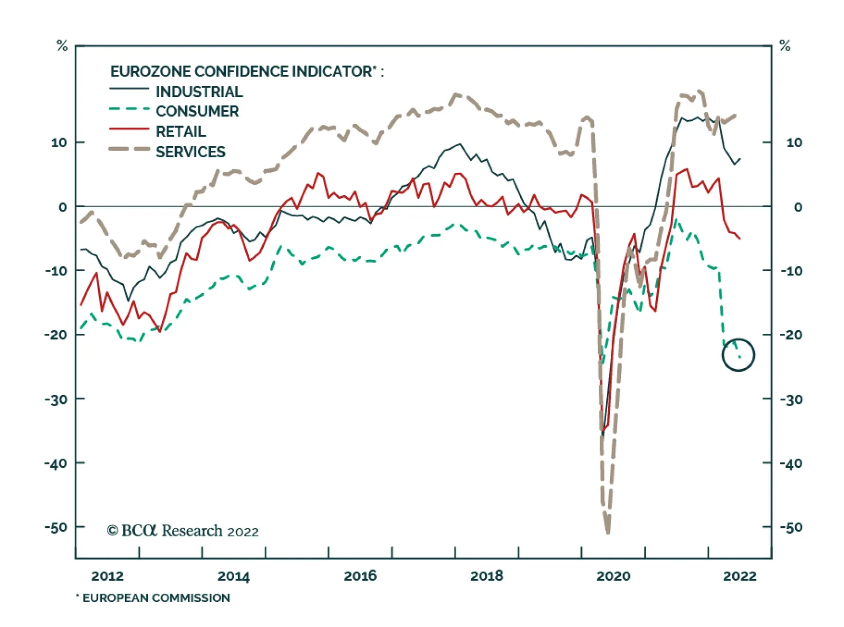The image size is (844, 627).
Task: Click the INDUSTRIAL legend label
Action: point(199,92)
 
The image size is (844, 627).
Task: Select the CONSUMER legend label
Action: point(197,111)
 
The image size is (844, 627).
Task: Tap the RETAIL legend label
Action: point(180,131)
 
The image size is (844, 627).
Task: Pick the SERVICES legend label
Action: point(190,152)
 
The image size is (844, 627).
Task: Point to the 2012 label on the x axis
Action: point(107,576)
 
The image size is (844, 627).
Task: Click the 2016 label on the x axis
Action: point(360,576)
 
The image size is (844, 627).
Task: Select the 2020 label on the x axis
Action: point(613,576)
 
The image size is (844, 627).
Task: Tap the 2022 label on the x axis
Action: point(739,576)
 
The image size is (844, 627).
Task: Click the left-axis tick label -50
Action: point(56,527)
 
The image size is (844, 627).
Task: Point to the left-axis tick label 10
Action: point(59,142)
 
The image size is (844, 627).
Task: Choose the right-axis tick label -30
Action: point(791,400)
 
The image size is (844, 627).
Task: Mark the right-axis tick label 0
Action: point(798,207)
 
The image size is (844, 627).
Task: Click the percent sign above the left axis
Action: point(62,46)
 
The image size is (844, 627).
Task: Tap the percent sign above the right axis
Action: point(785,46)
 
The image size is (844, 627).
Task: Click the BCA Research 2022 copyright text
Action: point(183,530)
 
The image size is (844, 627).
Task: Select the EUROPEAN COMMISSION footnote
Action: point(153,598)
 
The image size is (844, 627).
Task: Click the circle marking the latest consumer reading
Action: point(738,355)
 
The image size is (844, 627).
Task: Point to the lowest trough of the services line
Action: point(608,532)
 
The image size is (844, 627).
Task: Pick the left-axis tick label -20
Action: point(56,335)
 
